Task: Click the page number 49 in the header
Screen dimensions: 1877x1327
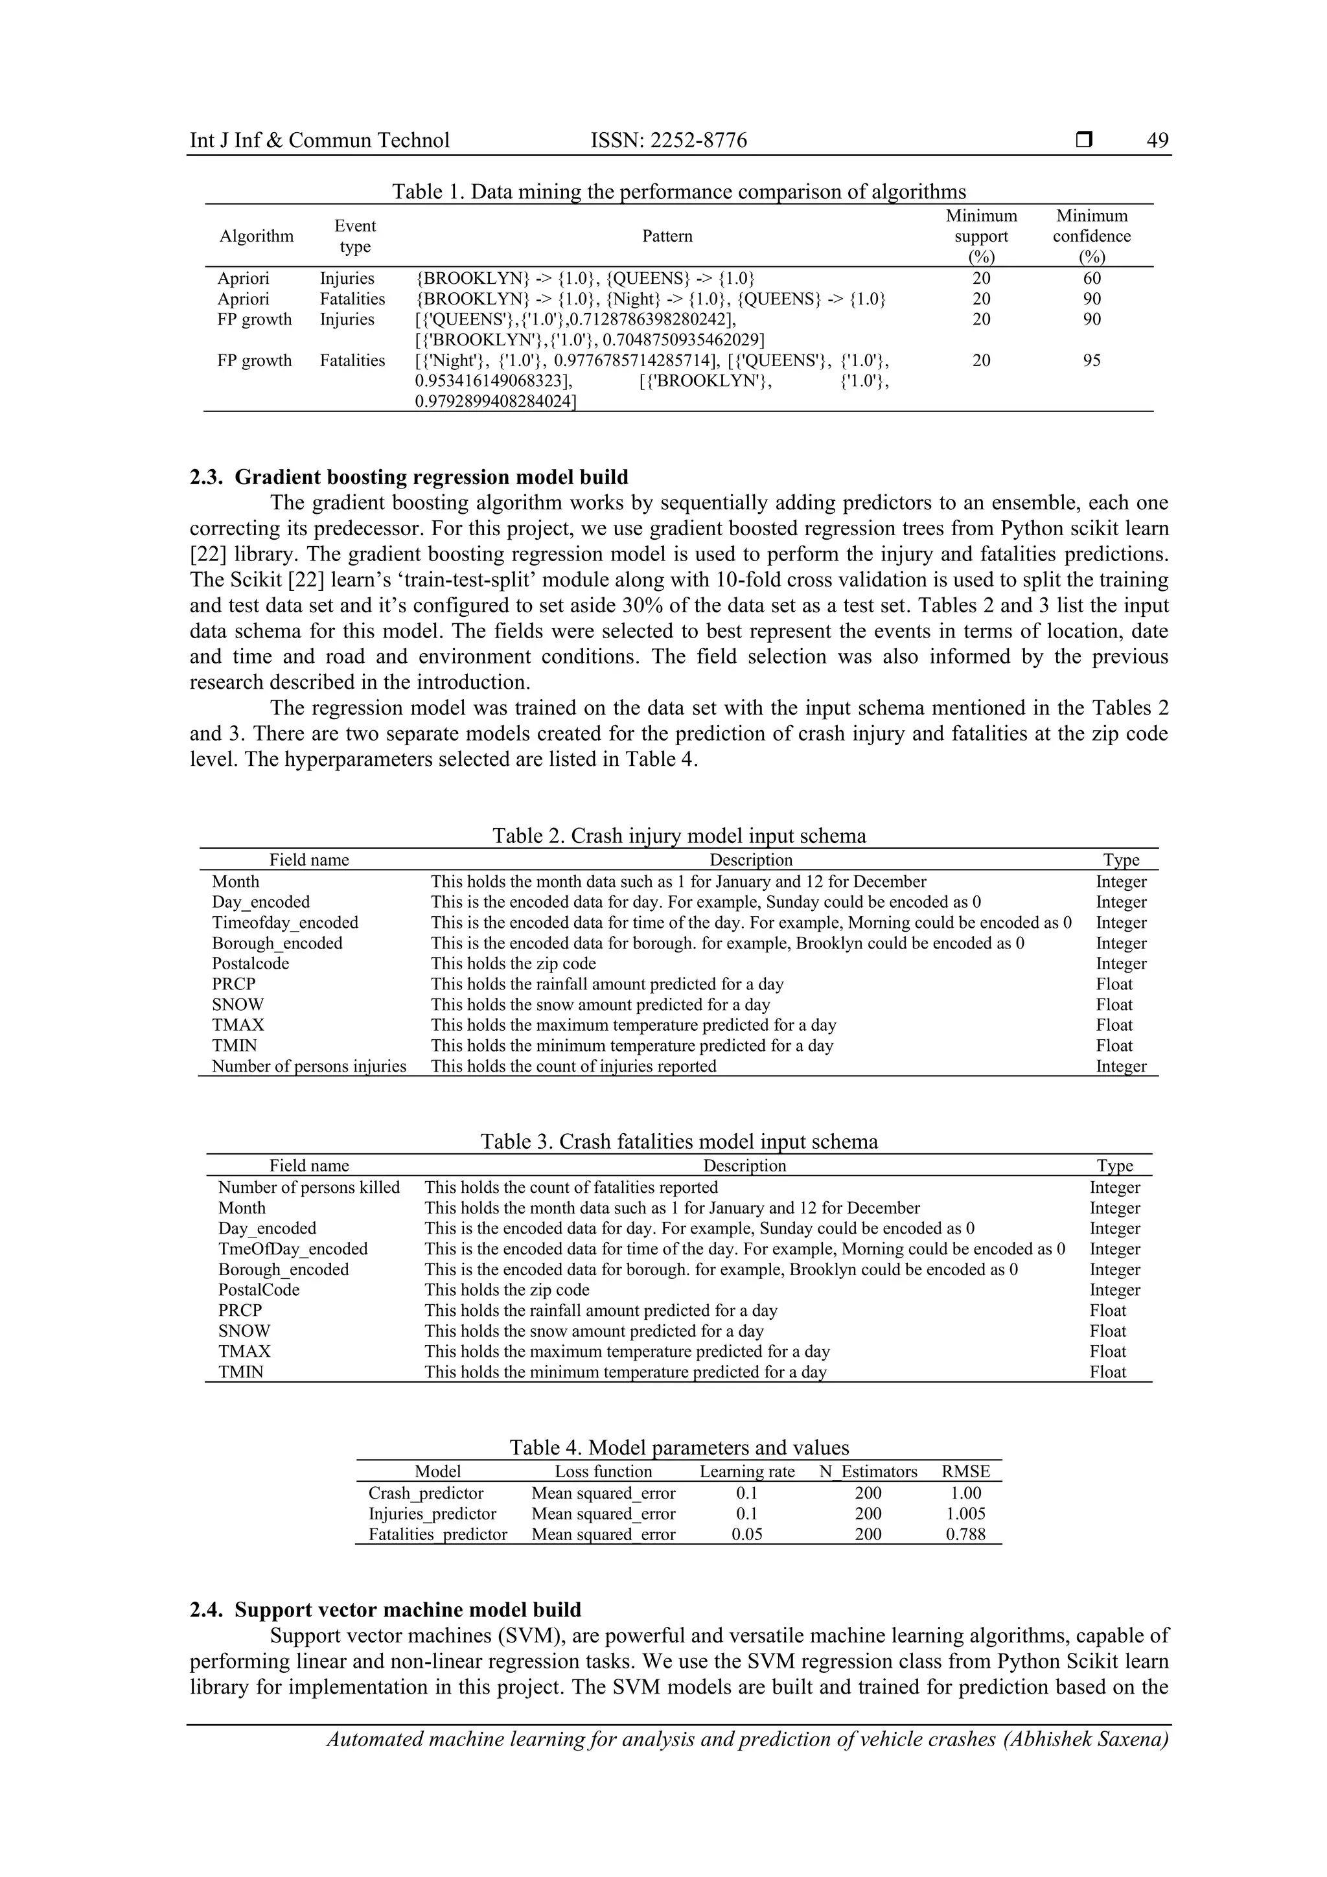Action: point(1157,141)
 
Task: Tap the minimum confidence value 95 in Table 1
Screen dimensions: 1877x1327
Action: point(1092,360)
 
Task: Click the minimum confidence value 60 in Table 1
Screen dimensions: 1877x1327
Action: point(1092,278)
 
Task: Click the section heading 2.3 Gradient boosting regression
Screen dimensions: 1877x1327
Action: point(409,478)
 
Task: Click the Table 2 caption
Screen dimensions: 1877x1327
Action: point(678,836)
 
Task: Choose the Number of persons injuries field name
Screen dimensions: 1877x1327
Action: point(309,1066)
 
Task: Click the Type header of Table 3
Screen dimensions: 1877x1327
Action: point(1114,1166)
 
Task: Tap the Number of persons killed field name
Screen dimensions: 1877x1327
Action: point(309,1187)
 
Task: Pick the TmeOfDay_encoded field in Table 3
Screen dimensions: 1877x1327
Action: point(293,1249)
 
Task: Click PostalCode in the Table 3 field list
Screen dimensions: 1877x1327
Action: point(259,1289)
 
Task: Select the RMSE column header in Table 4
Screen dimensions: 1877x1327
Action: point(965,1471)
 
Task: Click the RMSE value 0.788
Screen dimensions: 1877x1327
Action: point(965,1534)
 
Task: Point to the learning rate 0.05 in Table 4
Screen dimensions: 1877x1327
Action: point(746,1534)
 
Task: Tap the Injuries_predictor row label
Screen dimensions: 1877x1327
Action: point(432,1514)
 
